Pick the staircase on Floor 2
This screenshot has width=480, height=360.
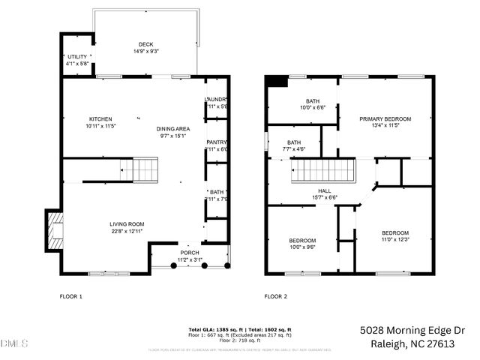pos(322,172)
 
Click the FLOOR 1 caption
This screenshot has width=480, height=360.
pos(70,297)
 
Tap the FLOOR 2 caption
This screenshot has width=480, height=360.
pos(275,297)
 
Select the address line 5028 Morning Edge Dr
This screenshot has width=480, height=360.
pos(412,329)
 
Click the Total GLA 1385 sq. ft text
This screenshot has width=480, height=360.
pos(212,329)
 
